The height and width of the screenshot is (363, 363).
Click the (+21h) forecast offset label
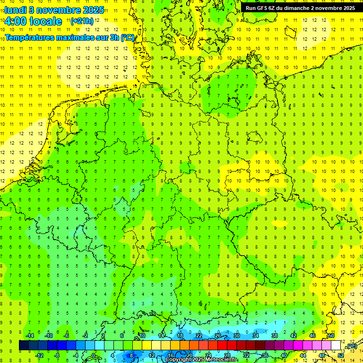tap(82, 21)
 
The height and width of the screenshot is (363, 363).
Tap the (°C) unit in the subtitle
tap(128, 37)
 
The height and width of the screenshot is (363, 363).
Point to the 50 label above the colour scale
tap(331, 336)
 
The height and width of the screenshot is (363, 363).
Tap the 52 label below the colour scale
tap(341, 355)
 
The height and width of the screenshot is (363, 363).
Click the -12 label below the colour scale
tap(39, 355)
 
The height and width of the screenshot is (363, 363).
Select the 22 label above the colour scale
tap(199, 336)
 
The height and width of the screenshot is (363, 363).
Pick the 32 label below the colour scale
tap(246, 355)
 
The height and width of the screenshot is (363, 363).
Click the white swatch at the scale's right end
tap(336, 346)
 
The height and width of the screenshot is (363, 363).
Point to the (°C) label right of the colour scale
tap(351, 346)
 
